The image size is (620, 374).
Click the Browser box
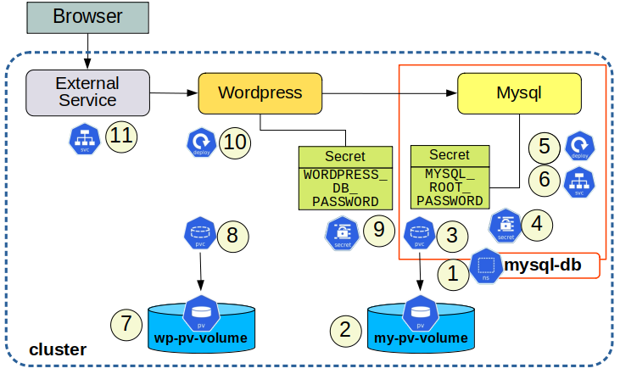87,18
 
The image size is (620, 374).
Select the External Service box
87,92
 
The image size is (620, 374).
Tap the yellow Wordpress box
260,92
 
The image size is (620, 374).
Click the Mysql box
520,92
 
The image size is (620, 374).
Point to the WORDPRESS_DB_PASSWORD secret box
345,178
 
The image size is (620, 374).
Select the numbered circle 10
234,142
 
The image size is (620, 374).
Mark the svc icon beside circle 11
85,138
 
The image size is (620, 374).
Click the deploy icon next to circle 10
200,142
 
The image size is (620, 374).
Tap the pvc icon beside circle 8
200,234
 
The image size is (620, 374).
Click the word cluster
58,349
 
